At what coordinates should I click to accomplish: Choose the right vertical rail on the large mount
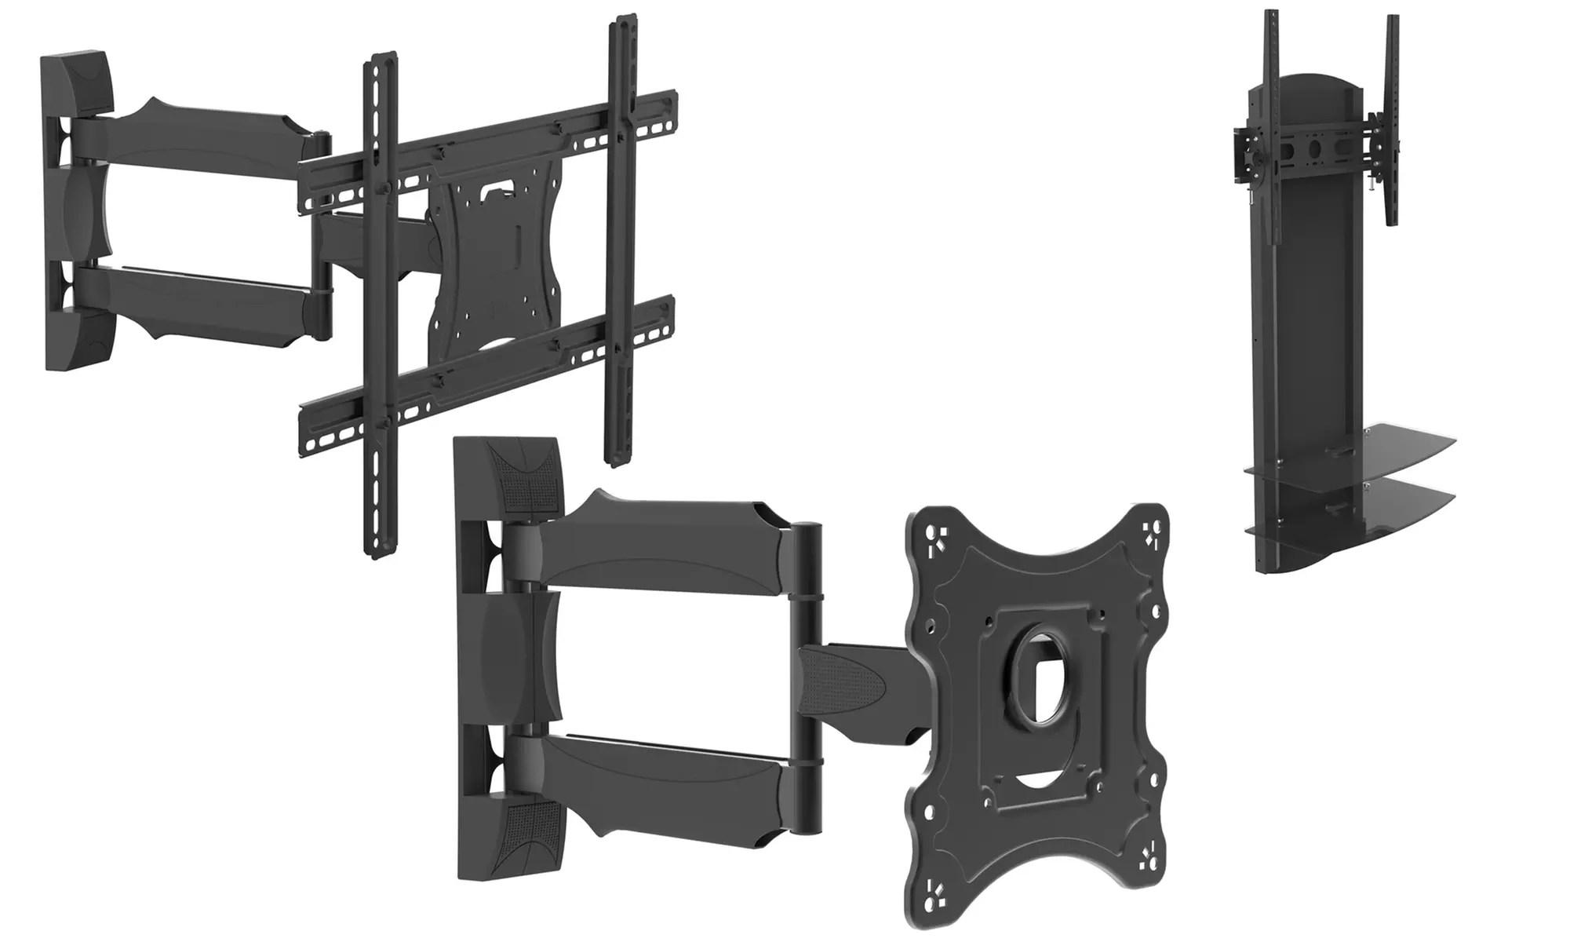pyautogui.click(x=620, y=235)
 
